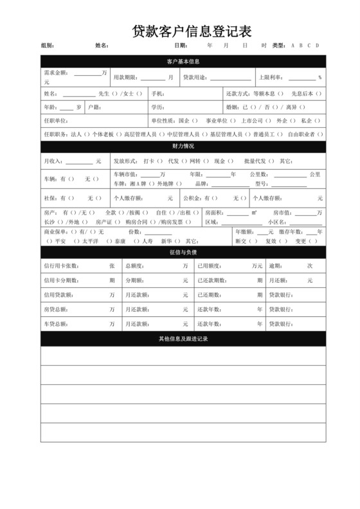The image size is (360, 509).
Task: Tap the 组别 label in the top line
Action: click(x=48, y=46)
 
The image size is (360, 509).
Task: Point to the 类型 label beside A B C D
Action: click(x=278, y=46)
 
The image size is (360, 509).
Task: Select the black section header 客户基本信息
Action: click(x=183, y=62)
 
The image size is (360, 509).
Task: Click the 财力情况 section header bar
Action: click(x=183, y=147)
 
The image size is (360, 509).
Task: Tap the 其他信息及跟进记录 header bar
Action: click(x=183, y=338)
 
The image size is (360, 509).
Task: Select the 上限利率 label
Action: click(x=271, y=78)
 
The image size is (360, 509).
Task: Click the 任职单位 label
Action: click(x=56, y=120)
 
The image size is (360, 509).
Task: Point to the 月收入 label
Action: click(x=53, y=161)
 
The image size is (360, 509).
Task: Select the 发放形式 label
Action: click(x=125, y=161)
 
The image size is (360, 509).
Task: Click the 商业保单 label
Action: click(x=56, y=231)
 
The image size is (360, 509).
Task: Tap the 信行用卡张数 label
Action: click(x=61, y=265)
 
